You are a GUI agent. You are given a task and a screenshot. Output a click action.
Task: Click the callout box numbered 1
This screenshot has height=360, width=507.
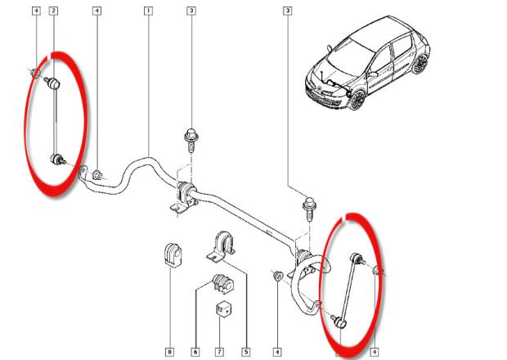coord(147,11)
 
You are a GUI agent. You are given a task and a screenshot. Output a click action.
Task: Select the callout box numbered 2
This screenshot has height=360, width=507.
coord(53,11)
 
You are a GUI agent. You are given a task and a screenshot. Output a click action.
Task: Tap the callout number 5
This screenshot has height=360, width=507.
coord(245,352)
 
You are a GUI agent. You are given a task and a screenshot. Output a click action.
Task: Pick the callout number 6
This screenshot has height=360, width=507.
coord(195,352)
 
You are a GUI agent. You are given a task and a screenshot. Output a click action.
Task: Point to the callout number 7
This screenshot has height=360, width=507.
coord(220,352)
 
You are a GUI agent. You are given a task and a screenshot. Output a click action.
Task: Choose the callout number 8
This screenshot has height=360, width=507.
coord(169,352)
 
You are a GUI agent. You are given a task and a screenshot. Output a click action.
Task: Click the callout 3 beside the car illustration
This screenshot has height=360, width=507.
coord(288,11)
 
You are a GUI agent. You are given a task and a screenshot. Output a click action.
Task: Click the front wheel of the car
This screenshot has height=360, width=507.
coord(357,100)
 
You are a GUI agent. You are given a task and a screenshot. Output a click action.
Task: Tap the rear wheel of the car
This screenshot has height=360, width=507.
coord(420,64)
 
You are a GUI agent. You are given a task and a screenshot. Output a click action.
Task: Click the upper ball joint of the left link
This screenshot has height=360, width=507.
coord(53,83)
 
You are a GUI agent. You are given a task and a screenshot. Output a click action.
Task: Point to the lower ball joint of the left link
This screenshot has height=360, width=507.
coord(56,160)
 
